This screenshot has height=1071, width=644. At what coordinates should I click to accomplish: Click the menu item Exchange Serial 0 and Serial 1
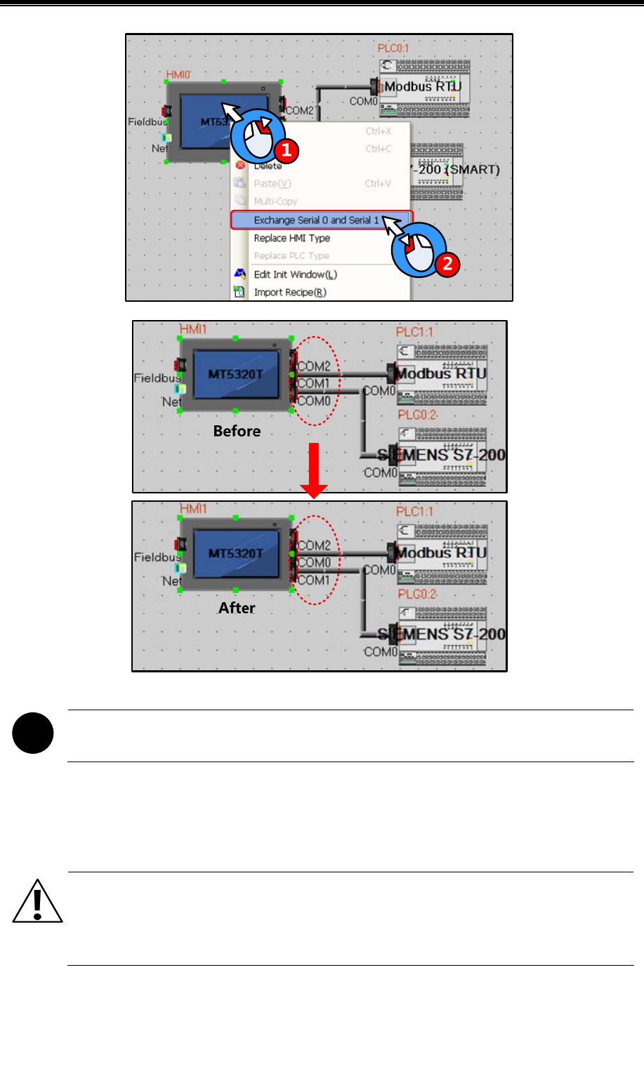pos(316,220)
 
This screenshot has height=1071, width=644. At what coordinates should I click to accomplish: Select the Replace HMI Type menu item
pos(291,239)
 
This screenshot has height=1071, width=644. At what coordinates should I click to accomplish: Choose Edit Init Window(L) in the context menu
pos(295,274)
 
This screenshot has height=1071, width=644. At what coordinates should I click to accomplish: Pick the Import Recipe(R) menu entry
pos(289,293)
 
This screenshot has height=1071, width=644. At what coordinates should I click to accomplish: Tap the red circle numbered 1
pos(286,149)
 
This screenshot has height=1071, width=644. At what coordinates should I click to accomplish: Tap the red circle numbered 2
pos(447,265)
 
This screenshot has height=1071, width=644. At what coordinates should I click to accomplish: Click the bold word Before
pos(237,431)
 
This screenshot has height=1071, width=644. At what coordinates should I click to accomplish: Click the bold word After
pos(237,608)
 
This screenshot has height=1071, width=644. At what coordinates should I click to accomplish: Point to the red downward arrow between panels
pos(314,470)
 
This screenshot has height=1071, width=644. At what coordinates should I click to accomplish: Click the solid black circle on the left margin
pos(33,733)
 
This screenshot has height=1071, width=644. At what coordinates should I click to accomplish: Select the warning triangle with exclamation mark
pos(37,902)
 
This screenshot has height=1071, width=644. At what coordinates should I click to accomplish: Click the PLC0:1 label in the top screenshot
pos(393,48)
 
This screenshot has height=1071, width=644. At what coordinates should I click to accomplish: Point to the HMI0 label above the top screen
pos(178,74)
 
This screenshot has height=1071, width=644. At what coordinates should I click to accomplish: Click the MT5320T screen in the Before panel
pos(235,375)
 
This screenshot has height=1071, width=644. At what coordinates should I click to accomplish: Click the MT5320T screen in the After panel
pos(235,554)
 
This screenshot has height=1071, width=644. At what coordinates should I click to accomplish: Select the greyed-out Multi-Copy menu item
pos(275,201)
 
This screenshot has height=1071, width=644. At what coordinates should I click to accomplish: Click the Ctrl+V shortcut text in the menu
pos(378,184)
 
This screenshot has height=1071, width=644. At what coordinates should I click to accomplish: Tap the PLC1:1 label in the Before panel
pos(414,332)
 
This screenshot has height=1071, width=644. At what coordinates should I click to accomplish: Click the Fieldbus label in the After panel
pos(155,557)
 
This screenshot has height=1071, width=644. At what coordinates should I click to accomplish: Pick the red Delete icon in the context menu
pos(240,166)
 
